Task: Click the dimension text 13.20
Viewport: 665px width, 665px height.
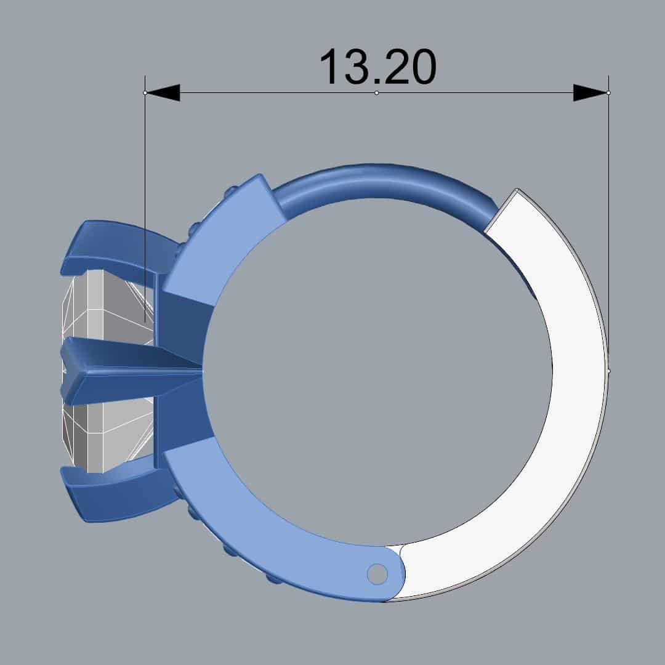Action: (x=377, y=67)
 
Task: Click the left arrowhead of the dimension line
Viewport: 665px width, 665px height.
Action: (x=163, y=92)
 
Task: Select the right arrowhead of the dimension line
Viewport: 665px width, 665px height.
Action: (x=590, y=92)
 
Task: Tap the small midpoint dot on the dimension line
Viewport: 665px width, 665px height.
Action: (x=377, y=92)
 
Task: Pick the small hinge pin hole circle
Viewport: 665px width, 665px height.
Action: (x=377, y=574)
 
